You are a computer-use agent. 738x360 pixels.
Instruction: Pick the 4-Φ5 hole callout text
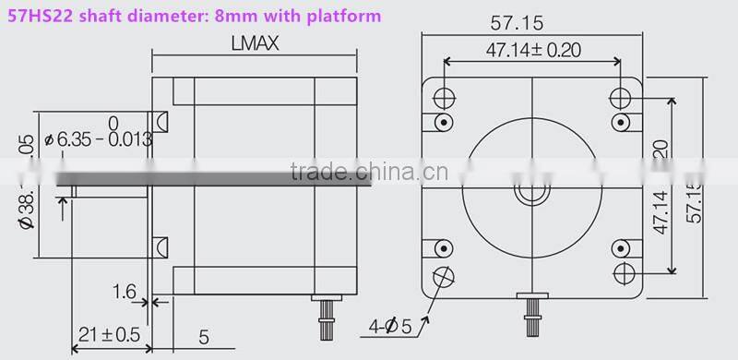coord(391,326)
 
